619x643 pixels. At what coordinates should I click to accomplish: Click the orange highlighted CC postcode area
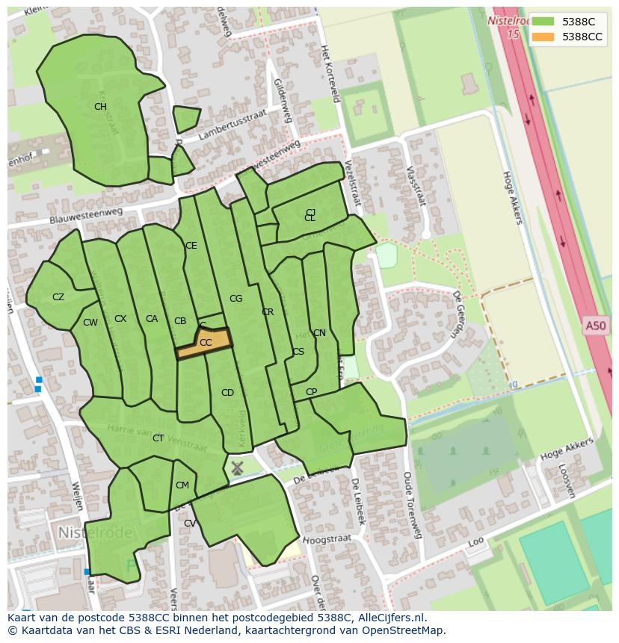(204, 344)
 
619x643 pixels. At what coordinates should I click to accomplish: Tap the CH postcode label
(100, 107)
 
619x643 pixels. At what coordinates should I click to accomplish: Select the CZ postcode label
(58, 297)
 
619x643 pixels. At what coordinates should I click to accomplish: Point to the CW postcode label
(90, 323)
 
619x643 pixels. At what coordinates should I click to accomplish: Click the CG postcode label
(235, 299)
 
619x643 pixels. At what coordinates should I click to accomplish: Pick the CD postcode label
(227, 393)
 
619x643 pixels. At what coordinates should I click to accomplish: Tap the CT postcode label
(158, 438)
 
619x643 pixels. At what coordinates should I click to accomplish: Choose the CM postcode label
(182, 485)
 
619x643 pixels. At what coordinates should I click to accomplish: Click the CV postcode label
(190, 524)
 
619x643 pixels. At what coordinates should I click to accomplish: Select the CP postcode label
(311, 392)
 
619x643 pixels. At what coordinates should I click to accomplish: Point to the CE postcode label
(191, 246)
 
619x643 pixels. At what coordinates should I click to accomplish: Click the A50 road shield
(596, 326)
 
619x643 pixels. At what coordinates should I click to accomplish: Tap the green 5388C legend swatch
(543, 22)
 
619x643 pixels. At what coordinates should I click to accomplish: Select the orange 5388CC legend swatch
(543, 37)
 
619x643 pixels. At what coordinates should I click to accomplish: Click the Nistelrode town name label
(94, 533)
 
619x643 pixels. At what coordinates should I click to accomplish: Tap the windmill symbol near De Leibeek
(237, 468)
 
